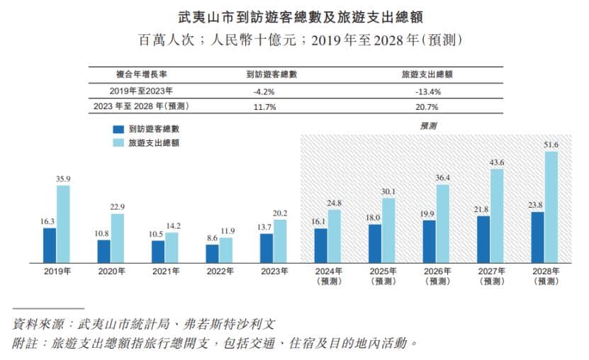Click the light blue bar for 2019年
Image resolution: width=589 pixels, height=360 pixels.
64,223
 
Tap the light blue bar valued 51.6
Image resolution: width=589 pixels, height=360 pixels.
551,206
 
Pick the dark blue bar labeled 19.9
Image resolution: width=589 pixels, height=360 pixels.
430,241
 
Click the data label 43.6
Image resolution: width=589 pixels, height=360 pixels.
497,162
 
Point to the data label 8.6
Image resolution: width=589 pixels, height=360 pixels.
213,239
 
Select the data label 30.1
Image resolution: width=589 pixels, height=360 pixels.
388,191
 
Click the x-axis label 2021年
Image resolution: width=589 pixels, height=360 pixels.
165,271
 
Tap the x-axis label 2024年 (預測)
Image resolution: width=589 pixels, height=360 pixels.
327,276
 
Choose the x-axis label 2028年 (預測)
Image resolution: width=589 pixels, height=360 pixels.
544,276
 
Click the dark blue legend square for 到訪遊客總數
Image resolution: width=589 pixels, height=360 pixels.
118,130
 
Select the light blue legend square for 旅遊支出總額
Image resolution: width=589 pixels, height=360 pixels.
118,142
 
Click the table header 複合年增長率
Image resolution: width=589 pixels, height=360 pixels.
142,74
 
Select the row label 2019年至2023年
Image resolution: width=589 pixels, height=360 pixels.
142,91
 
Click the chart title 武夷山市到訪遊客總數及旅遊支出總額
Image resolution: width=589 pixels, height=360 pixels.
294,15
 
